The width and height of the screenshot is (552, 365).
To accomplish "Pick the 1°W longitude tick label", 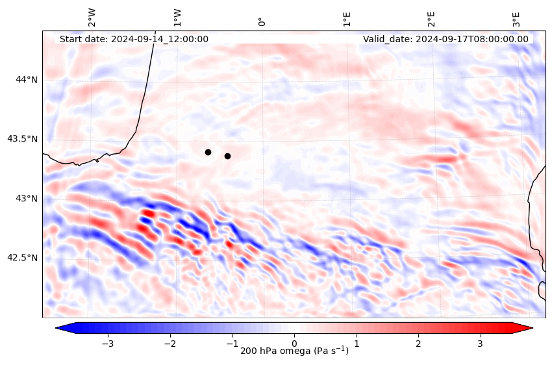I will [177, 18].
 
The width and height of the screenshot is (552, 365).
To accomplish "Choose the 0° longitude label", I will [262, 22].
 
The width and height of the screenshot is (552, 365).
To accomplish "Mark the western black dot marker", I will [208, 152].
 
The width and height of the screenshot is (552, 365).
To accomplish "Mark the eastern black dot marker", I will [227, 156].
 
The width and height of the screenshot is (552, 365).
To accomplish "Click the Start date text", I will [134, 39].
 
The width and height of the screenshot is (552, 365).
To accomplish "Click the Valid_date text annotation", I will [445, 39].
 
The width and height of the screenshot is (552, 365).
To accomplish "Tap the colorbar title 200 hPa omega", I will [294, 351].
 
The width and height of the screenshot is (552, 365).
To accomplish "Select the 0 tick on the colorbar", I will [294, 343].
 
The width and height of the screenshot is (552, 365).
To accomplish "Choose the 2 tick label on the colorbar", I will [418, 343].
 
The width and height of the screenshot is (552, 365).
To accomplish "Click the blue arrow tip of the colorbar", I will [58, 327].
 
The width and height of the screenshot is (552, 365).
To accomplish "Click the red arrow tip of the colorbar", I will [530, 327].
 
